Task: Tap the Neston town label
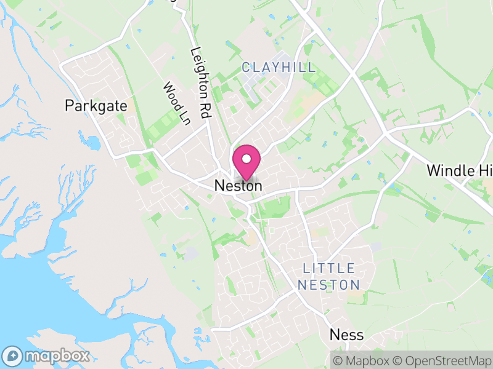point(238,185)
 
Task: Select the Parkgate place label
point(96,106)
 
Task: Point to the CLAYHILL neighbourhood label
point(279,67)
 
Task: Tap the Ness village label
point(346,335)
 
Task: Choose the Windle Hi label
point(459,170)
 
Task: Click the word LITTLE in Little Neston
point(329,269)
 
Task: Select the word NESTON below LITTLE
point(328,285)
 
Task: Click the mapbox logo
point(47,355)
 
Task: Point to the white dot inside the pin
point(246,158)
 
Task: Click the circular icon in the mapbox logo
point(12,355)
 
